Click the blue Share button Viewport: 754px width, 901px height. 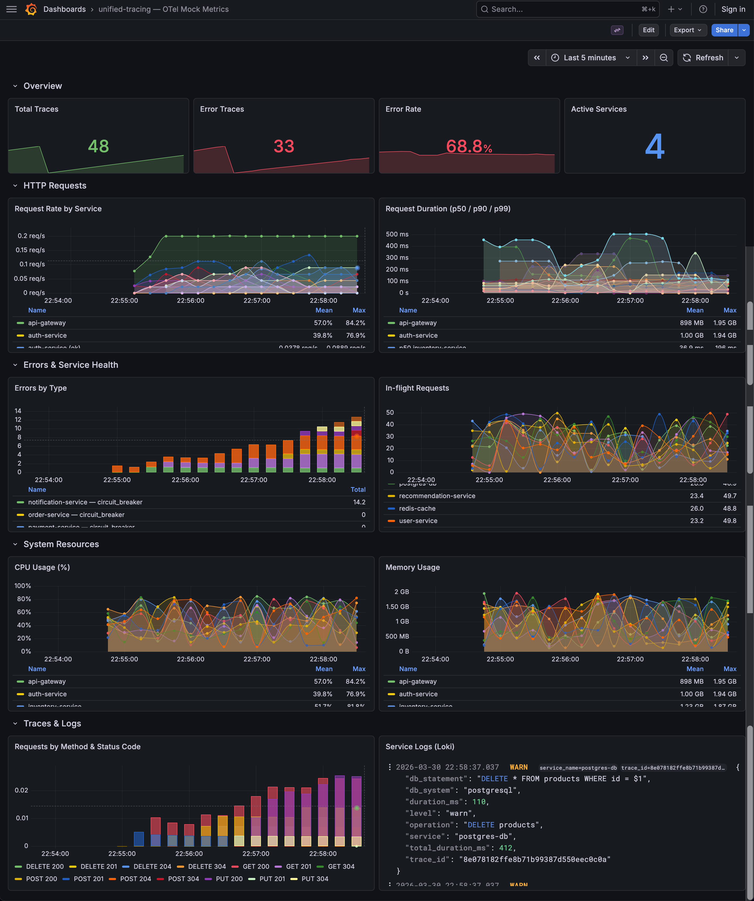click(x=724, y=30)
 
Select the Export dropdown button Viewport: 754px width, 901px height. click(x=687, y=30)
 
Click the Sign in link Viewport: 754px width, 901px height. click(x=733, y=9)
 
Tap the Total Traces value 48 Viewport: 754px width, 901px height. click(x=98, y=146)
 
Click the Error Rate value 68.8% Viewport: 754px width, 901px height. click(x=469, y=146)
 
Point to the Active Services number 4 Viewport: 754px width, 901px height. click(x=654, y=146)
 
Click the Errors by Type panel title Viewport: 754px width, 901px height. click(x=41, y=388)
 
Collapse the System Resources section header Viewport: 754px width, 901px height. click(x=61, y=544)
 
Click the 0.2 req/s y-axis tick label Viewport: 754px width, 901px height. click(x=31, y=236)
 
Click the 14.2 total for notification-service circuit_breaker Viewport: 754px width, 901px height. click(x=359, y=502)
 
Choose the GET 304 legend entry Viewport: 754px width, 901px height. click(x=341, y=866)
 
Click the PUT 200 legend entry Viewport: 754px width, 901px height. click(x=229, y=879)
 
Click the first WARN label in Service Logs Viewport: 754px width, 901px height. click(x=518, y=767)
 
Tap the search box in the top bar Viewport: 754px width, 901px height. click(x=566, y=9)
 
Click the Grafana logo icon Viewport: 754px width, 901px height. click(x=31, y=9)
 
